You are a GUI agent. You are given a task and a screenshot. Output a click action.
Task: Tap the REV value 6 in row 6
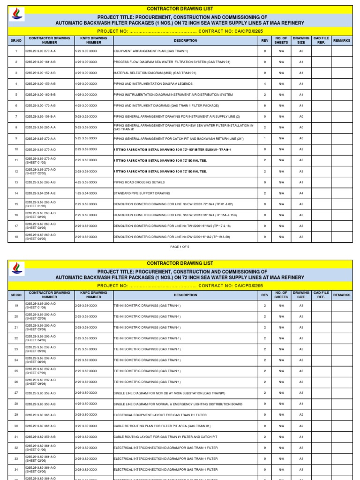[x=265, y=105]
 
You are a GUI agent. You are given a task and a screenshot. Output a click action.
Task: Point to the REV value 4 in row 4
[x=265, y=84]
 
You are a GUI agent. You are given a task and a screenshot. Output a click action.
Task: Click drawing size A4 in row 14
[x=301, y=193]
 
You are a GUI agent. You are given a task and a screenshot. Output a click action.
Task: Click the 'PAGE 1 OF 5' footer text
[x=180, y=246]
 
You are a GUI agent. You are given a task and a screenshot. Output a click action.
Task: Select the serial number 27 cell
[x=16, y=393]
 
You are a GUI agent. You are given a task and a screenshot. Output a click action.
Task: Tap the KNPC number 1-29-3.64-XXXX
[x=86, y=193]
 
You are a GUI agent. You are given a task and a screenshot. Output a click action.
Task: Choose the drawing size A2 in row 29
[x=301, y=415]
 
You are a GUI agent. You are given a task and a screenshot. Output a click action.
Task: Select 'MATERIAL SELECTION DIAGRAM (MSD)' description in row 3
[x=155, y=73]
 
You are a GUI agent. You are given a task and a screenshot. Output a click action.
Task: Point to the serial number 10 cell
[x=16, y=150]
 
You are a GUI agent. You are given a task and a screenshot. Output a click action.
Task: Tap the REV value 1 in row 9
[x=265, y=138]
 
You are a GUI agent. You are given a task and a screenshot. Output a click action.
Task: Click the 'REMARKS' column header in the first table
[x=341, y=41]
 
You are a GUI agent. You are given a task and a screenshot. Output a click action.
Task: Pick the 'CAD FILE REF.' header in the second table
[x=321, y=295]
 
